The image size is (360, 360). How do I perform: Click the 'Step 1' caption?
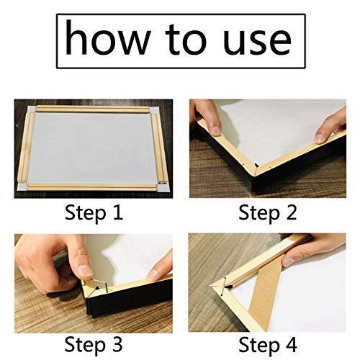[x=94, y=213]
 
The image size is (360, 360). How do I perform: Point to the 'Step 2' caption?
[x=269, y=213]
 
